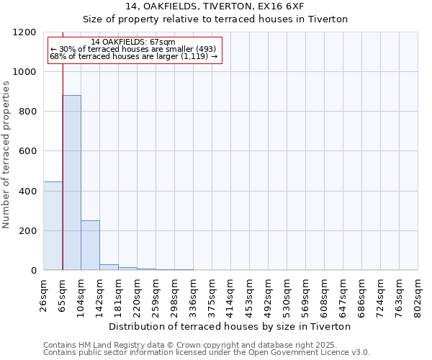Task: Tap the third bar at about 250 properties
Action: [90, 245]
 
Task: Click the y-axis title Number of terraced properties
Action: [8, 155]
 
